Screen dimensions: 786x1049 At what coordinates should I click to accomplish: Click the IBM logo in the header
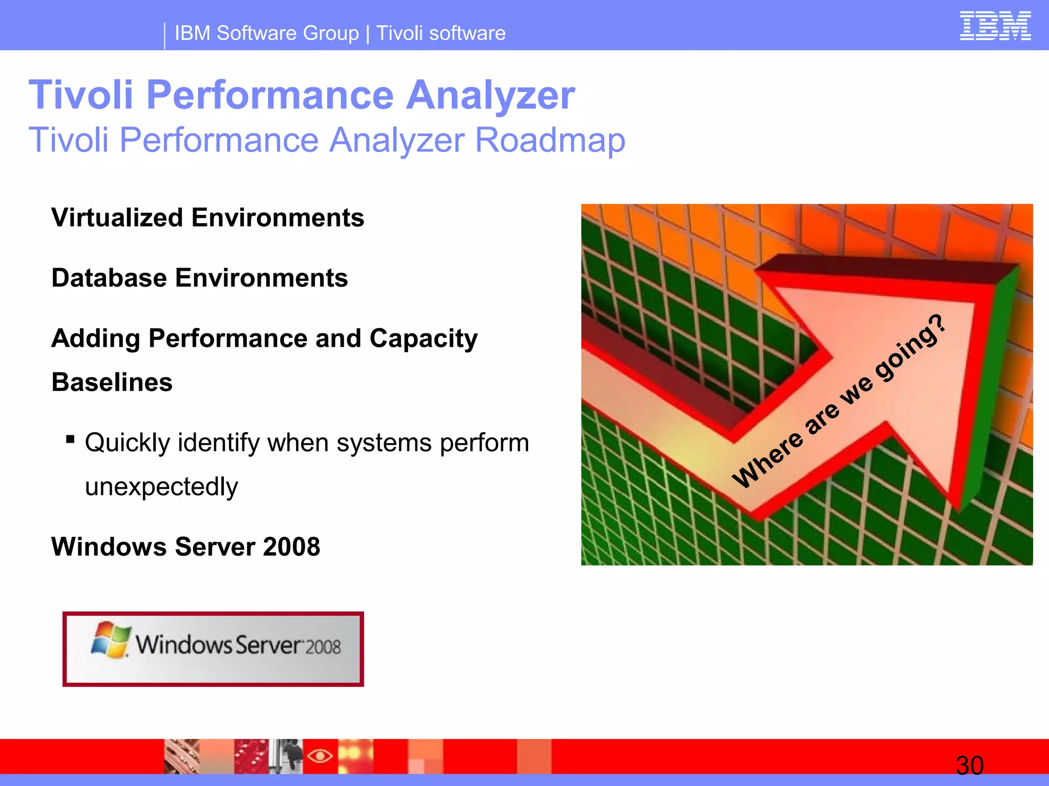pos(995,26)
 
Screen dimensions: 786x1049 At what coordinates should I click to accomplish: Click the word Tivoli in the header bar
pos(400,33)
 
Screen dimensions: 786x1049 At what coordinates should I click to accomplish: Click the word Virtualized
pos(117,217)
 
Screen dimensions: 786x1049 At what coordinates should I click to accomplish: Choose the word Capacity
pos(423,339)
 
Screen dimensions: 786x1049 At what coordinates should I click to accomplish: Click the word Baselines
pos(112,382)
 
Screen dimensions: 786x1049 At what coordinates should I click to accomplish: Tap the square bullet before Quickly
pos(71,439)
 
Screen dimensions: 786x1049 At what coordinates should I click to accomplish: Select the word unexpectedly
pos(161,487)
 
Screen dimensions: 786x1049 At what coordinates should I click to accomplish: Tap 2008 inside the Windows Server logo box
pos(323,647)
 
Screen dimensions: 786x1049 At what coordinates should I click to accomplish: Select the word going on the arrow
pos(902,358)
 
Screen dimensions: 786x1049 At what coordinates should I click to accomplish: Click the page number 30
pos(969,766)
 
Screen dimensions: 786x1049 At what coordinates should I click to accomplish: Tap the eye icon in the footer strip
pos(320,755)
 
